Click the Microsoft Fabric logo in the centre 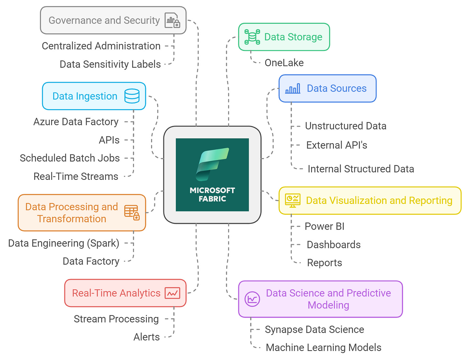(x=212, y=174)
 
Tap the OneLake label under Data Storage (x=284, y=63)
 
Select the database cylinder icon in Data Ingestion (x=132, y=96)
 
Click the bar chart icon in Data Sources (x=292, y=88)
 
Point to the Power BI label (x=324, y=226)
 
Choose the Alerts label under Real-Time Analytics (x=147, y=337)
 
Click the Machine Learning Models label (x=323, y=347)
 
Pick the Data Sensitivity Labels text (x=110, y=64)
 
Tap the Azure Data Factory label (x=76, y=122)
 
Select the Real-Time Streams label (x=76, y=176)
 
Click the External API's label (x=337, y=145)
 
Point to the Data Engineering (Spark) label (x=64, y=243)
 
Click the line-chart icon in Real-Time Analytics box (x=173, y=293)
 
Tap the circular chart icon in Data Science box (x=252, y=299)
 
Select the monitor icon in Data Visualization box (x=292, y=201)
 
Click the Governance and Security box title (x=104, y=20)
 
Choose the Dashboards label (x=334, y=245)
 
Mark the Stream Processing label (x=116, y=319)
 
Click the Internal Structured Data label (x=361, y=169)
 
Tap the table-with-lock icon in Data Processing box (x=132, y=213)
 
